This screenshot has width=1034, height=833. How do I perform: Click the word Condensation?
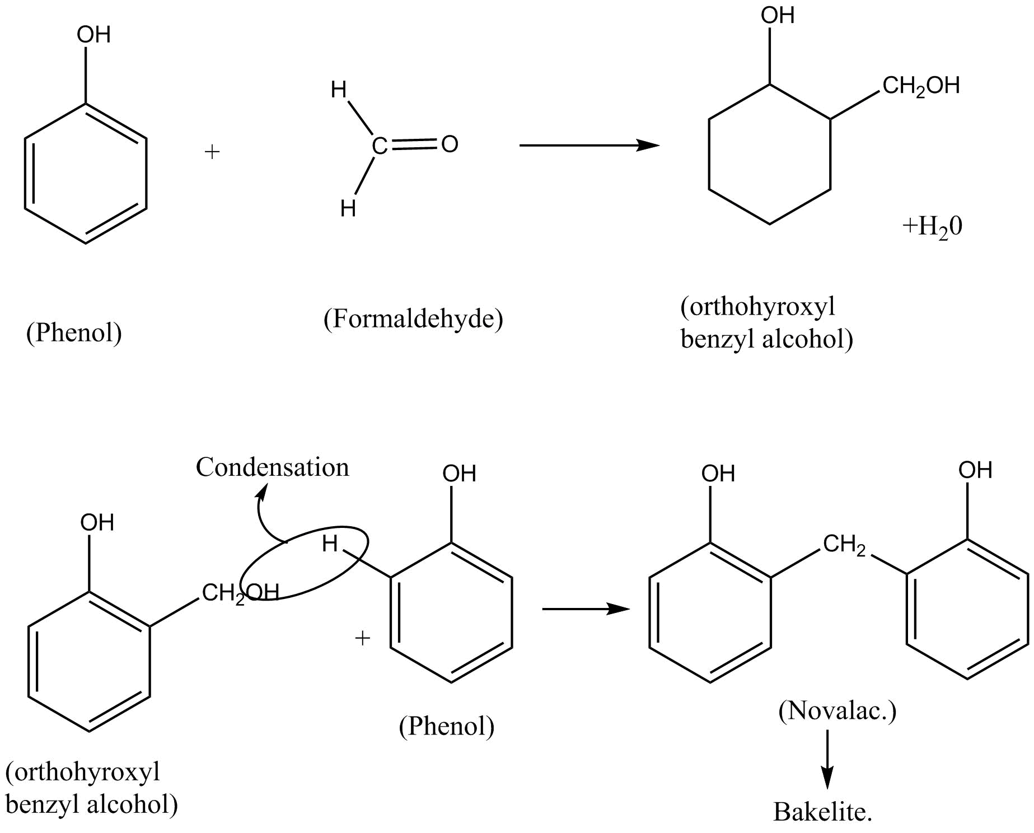pyautogui.click(x=272, y=467)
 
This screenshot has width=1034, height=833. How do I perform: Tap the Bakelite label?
pyautogui.click(x=822, y=811)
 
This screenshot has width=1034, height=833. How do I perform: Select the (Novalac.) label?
pyautogui.click(x=837, y=711)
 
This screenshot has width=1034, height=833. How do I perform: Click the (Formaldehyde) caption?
pyautogui.click(x=413, y=319)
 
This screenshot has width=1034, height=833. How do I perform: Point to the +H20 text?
pyautogui.click(x=932, y=227)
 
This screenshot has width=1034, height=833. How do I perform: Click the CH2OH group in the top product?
pyautogui.click(x=921, y=86)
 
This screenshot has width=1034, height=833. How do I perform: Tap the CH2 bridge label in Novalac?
pyautogui.click(x=844, y=545)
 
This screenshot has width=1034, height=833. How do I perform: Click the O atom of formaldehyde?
pyautogui.click(x=450, y=144)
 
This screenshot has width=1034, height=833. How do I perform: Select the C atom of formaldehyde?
pyautogui.click(x=379, y=147)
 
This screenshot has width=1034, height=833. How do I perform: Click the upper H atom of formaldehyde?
pyautogui.click(x=339, y=90)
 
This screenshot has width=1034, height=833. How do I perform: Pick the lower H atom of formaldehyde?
pyautogui.click(x=348, y=209)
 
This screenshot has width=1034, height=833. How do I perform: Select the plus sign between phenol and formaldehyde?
pyautogui.click(x=212, y=152)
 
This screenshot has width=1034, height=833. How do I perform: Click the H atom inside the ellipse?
pyautogui.click(x=330, y=543)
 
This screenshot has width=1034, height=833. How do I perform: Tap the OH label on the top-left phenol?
pyautogui.click(x=93, y=35)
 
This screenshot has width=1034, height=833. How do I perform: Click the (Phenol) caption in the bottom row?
pyautogui.click(x=446, y=727)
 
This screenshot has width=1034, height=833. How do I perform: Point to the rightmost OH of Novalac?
pyautogui.click(x=975, y=470)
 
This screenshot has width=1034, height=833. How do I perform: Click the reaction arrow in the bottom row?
pyautogui.click(x=586, y=609)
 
